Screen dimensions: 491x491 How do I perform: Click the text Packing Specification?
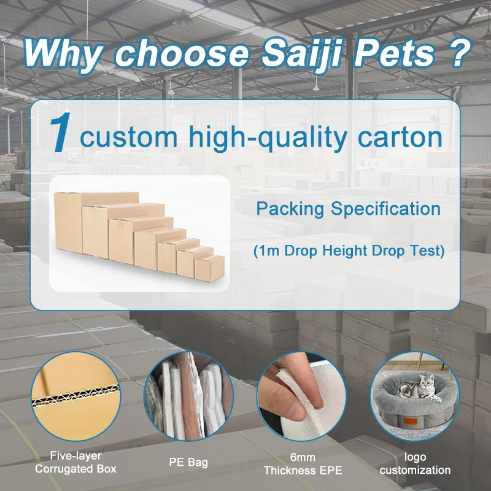348,209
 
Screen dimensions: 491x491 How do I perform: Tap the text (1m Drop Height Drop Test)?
348,251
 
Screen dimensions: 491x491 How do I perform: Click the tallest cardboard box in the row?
68,224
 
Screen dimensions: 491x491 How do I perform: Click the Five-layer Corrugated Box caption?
75,463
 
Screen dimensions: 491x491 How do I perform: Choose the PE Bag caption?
188,463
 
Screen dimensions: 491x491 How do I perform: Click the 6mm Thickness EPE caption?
303,463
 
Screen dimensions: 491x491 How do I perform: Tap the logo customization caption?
415,463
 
